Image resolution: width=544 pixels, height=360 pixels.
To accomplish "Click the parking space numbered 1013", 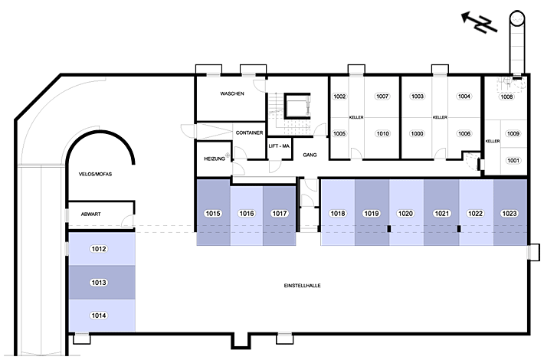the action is (x=102, y=283).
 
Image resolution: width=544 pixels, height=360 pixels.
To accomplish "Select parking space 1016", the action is (x=247, y=216).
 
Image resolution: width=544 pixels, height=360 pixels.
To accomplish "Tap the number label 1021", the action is (x=441, y=214).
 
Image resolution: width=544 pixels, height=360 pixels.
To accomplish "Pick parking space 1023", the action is (x=510, y=212).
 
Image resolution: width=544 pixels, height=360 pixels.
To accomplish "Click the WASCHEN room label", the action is (x=232, y=93).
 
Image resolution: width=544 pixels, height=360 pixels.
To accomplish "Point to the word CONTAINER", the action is (x=249, y=133).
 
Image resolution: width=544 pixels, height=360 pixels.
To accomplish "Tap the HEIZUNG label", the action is (x=215, y=159).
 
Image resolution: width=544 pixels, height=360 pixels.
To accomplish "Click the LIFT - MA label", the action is (x=279, y=146).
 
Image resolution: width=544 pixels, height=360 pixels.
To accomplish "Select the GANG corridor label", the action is (x=310, y=155).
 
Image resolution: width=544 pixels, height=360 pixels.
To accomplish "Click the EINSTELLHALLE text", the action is (x=302, y=286).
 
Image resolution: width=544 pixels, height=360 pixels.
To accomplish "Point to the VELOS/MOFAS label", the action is (x=96, y=174).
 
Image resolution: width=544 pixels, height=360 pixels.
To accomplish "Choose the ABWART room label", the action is (x=91, y=214).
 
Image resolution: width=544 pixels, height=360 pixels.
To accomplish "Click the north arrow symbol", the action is (x=480, y=22).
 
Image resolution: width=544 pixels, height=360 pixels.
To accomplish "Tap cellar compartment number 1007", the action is (x=382, y=97).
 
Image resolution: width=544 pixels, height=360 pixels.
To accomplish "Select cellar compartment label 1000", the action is (x=417, y=133).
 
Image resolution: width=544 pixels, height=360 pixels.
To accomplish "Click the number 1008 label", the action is (x=506, y=97).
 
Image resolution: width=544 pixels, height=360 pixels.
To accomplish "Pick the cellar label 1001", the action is (x=513, y=160).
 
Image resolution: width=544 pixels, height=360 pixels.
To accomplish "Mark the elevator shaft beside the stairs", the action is (x=297, y=106).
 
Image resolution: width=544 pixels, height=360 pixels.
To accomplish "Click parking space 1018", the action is (x=338, y=212).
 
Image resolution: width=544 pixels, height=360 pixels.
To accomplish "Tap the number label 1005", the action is (x=339, y=133).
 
